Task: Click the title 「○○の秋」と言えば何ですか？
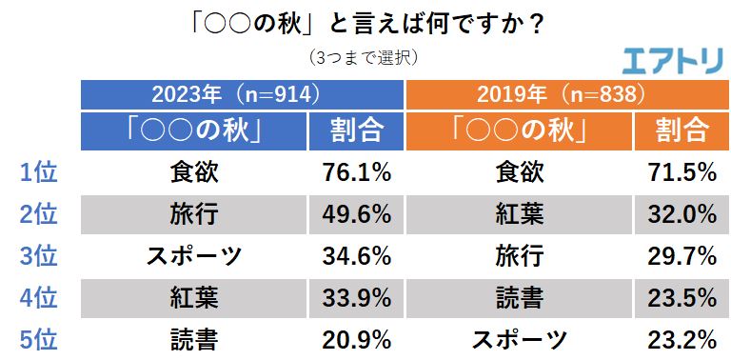coord(366,21)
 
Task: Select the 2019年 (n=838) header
coord(567,94)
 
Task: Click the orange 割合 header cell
coord(682,130)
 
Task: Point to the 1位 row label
coord(39,172)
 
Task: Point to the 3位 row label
coord(39,256)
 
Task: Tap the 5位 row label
coord(39,339)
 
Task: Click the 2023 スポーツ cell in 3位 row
coord(194,256)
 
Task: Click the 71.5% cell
coord(682,172)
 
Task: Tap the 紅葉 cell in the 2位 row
coord(520,214)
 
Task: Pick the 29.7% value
coord(682,256)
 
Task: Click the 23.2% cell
coord(682,339)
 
